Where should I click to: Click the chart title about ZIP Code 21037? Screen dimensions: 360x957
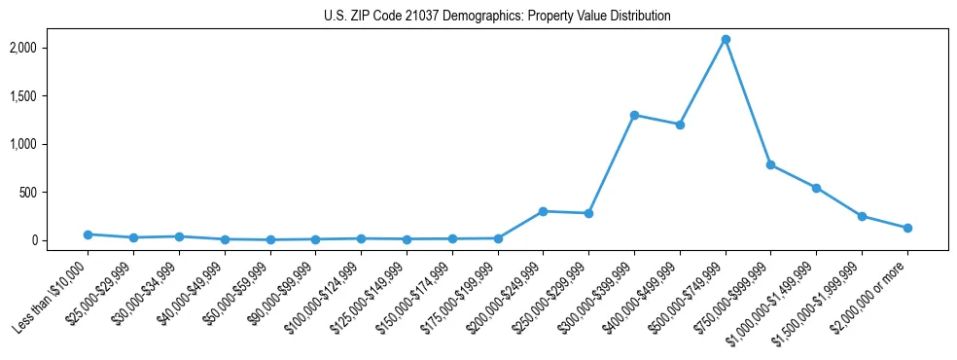point(497,17)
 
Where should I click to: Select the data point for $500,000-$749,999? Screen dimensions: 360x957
point(726,40)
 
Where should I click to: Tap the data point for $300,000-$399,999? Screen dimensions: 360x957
point(634,115)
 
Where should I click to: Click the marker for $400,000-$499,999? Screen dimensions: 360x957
point(680,125)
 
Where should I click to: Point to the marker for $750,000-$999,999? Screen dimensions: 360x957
point(770,165)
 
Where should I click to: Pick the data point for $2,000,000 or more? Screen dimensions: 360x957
point(907,228)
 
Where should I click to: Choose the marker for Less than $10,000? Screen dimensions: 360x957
point(88,234)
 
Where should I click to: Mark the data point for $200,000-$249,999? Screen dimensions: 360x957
point(543,211)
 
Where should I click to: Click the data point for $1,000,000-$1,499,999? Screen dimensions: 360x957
point(816,188)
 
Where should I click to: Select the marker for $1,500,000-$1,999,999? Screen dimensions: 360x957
point(862,216)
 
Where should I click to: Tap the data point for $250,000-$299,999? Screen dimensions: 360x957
point(588,213)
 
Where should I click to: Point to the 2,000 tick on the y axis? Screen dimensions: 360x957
point(49,48)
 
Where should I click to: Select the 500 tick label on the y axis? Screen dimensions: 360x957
point(53,193)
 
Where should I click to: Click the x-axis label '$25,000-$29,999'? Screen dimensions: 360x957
point(100,291)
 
